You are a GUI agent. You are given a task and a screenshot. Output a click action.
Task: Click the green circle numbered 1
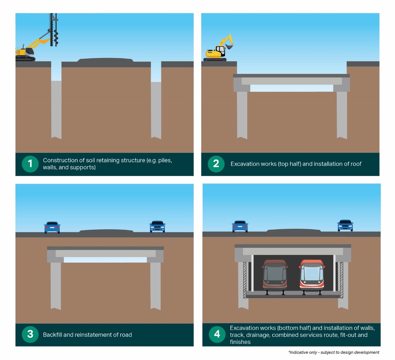(30, 164)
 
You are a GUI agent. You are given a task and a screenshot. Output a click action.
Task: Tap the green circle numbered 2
(216, 164)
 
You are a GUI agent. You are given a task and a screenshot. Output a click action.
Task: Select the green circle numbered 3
(30, 334)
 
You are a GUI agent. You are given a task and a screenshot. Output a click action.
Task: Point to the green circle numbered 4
(217, 334)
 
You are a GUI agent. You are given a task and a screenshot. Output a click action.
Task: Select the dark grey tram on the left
(275, 274)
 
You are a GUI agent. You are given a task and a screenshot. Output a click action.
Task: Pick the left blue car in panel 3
(52, 227)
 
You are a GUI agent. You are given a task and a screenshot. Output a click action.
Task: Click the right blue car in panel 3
(157, 226)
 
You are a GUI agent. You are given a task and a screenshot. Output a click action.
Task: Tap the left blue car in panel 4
(240, 226)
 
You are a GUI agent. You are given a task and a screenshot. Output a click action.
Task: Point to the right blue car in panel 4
(345, 225)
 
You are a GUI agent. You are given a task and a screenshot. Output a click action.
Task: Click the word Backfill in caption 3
(52, 335)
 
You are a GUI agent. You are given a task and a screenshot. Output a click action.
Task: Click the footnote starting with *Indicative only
(334, 352)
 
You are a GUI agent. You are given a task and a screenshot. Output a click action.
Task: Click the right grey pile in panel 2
(342, 114)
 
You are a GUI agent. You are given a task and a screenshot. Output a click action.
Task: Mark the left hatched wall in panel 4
(245, 280)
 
